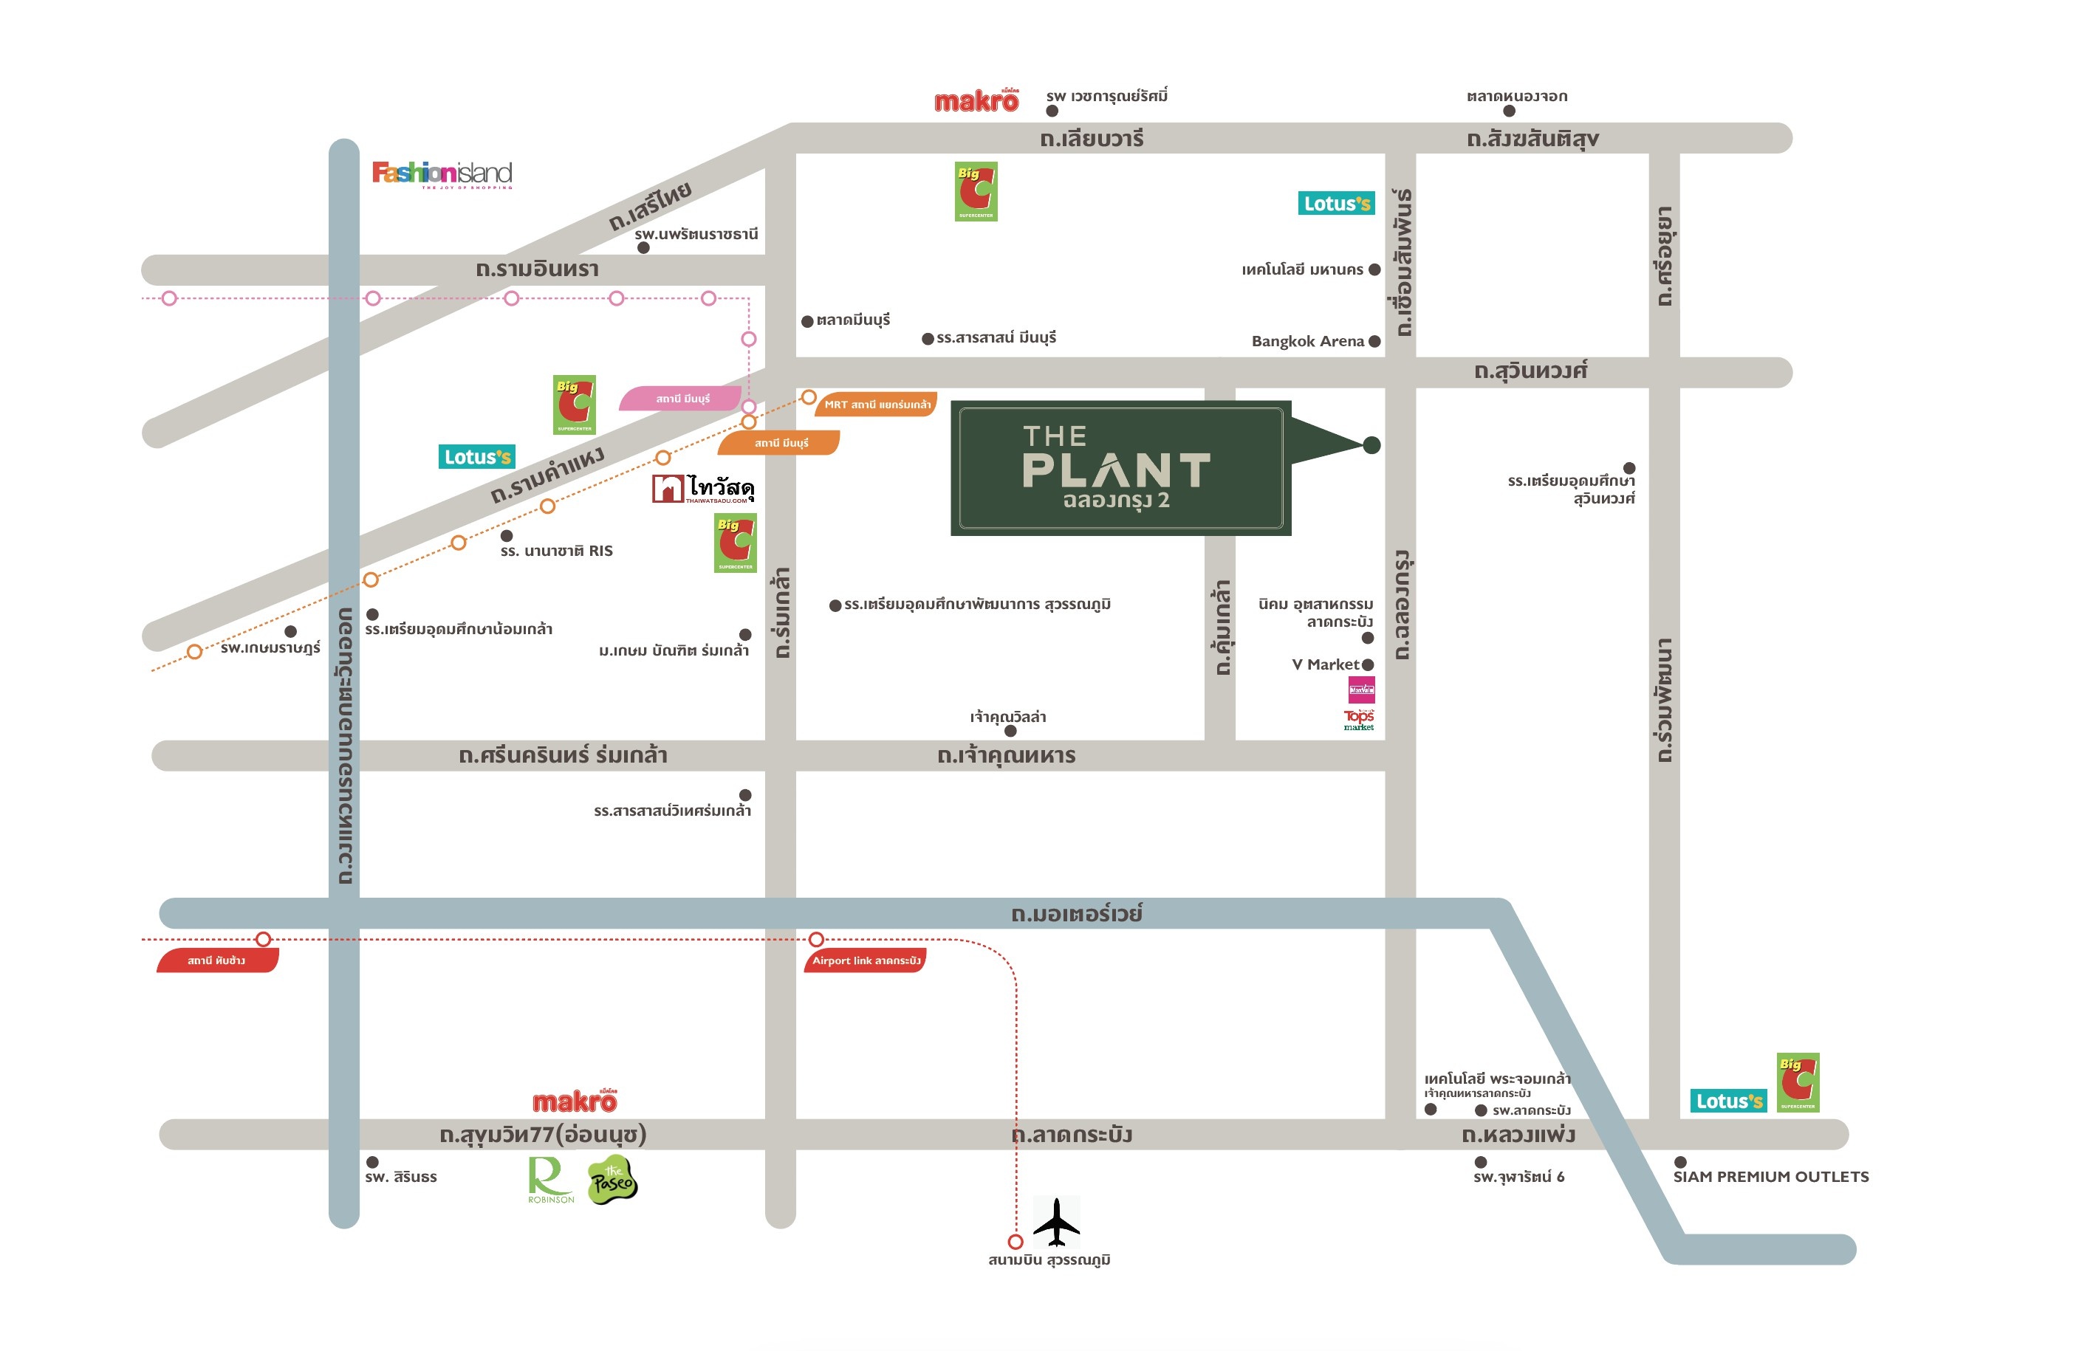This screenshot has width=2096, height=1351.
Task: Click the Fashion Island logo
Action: pyautogui.click(x=442, y=173)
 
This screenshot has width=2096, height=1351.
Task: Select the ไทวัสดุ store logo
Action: pyautogui.click(x=703, y=489)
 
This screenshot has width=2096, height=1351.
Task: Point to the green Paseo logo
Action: pyautogui.click(x=612, y=1180)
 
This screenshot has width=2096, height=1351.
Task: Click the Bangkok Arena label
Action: pyautogui.click(x=1306, y=341)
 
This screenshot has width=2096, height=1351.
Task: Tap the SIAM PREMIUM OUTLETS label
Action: pyautogui.click(x=1770, y=1177)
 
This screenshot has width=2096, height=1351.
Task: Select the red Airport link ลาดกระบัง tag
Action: pyautogui.click(x=865, y=960)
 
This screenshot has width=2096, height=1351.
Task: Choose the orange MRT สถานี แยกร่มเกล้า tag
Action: pyautogui.click(x=877, y=405)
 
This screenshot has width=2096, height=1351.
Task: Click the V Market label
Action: pyautogui.click(x=1325, y=664)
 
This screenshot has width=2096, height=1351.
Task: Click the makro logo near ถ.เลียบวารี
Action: pyautogui.click(x=976, y=102)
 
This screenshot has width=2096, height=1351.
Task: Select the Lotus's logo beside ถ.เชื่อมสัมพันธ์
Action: pyautogui.click(x=1335, y=204)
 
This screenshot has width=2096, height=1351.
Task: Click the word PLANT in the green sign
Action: pyautogui.click(x=1116, y=471)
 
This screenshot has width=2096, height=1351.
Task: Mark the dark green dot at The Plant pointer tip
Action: pyautogui.click(x=1371, y=446)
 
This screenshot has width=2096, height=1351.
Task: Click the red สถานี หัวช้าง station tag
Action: pyautogui.click(x=216, y=960)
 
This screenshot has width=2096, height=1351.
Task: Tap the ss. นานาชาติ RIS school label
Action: pyautogui.click(x=556, y=551)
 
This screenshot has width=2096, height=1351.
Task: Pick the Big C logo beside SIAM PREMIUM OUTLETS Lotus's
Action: pyautogui.click(x=1797, y=1082)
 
